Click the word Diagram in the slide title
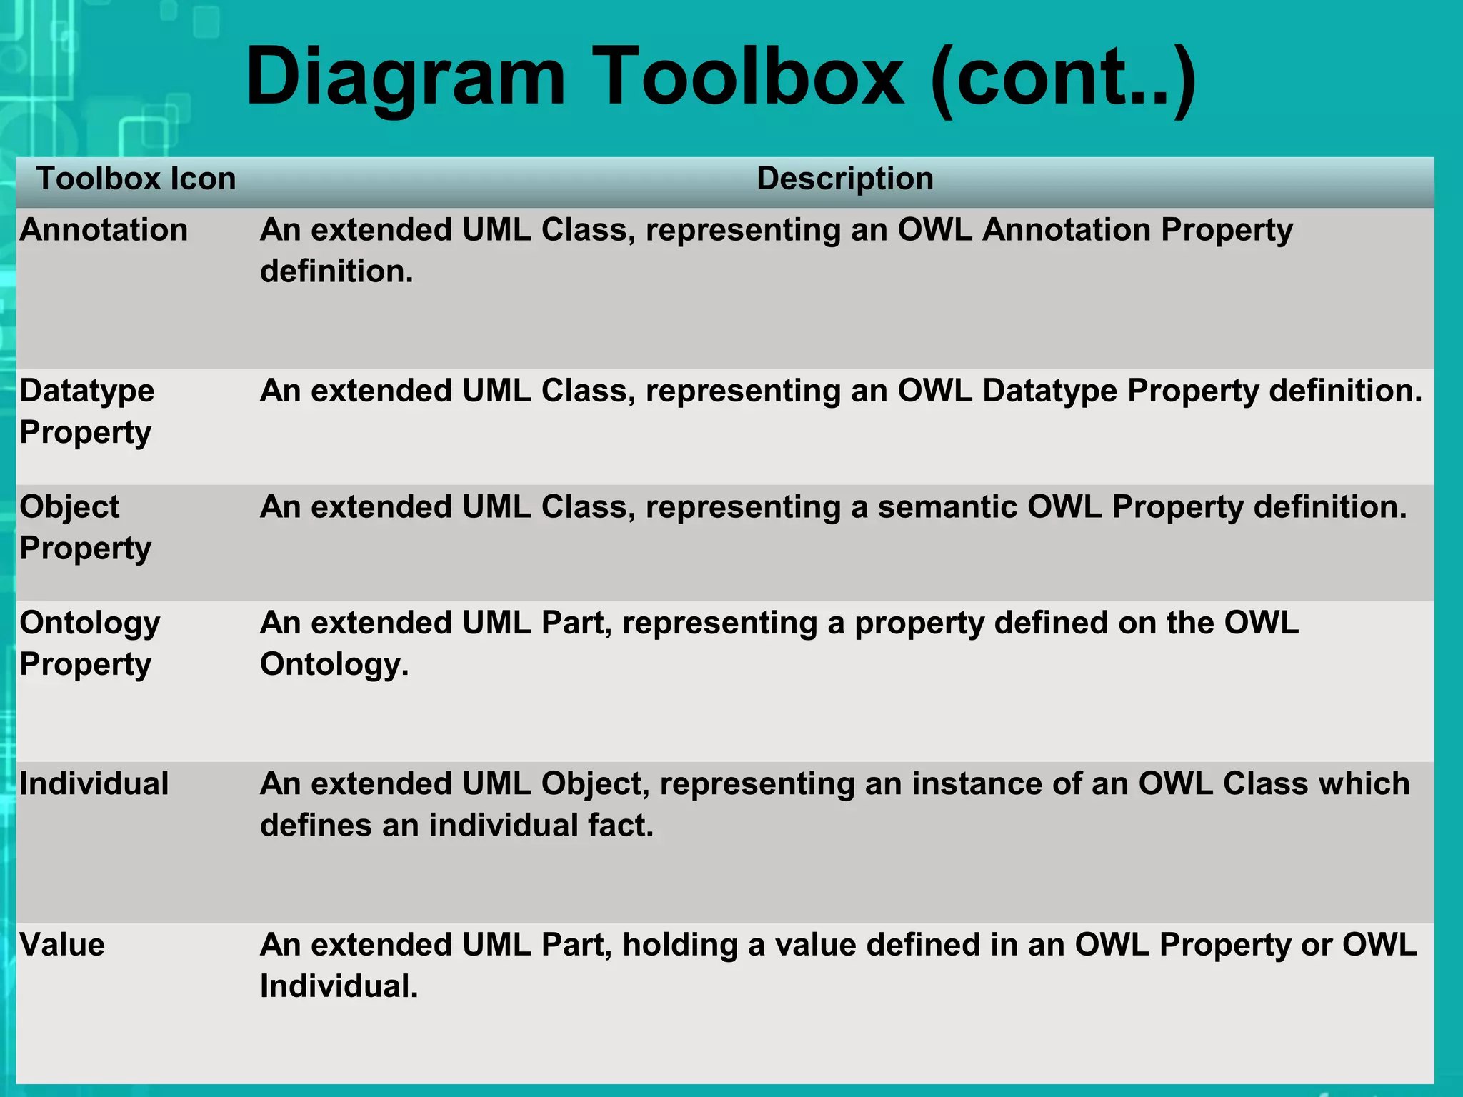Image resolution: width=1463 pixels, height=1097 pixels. [x=405, y=77]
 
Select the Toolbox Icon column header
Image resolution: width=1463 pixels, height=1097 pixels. [x=136, y=179]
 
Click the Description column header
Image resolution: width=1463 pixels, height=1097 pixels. [x=844, y=179]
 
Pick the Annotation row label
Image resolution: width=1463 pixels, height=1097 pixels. [x=104, y=230]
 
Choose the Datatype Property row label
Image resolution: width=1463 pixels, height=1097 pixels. [x=86, y=411]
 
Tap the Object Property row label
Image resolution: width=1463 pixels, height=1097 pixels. [x=85, y=527]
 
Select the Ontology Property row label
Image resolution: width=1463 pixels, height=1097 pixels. [x=89, y=643]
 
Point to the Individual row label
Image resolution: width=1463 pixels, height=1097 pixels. [x=94, y=783]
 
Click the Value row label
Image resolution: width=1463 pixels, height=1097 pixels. [x=62, y=944]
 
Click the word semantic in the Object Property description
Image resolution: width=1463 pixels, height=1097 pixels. [x=947, y=507]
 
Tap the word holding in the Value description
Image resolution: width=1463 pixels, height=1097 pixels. [x=680, y=945]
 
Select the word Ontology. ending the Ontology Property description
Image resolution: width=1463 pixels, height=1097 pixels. [x=334, y=665]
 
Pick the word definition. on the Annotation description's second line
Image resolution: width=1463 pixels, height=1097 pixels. [x=336, y=272]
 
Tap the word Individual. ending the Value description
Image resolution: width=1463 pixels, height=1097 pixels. [x=339, y=986]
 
